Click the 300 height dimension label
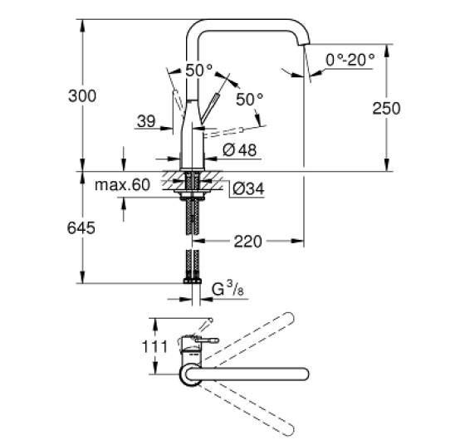[x=82, y=96]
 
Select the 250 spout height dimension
[x=386, y=108]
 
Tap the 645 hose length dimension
[x=81, y=228]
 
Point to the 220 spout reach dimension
[x=247, y=242]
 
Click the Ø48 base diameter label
[x=240, y=150]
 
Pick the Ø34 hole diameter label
[x=248, y=188]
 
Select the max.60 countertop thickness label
[x=122, y=185]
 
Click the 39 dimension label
[x=146, y=121]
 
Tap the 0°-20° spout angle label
[x=350, y=60]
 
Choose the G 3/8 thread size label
[x=227, y=289]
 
